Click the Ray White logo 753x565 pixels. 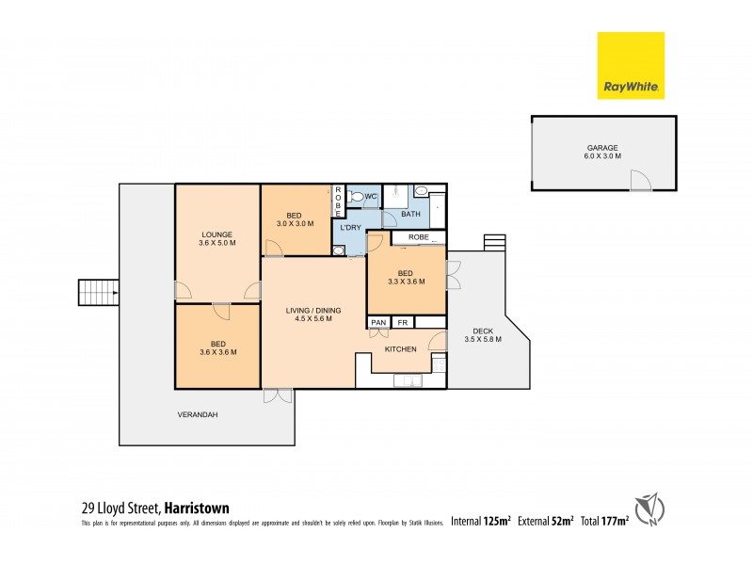(x=631, y=66)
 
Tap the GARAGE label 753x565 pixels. (x=602, y=148)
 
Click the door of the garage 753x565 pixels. (x=639, y=181)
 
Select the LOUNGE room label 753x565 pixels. (x=216, y=234)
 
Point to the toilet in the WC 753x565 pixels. (x=354, y=196)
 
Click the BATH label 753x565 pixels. (x=411, y=215)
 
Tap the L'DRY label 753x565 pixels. (x=347, y=229)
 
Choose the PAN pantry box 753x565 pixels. (x=378, y=323)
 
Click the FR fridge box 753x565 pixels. (x=402, y=323)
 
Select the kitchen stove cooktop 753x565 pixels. (x=437, y=363)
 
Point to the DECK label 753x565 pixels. (x=483, y=331)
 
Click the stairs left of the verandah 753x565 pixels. (x=98, y=293)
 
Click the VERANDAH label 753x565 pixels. (x=198, y=414)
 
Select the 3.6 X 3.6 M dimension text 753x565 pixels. (x=216, y=352)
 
